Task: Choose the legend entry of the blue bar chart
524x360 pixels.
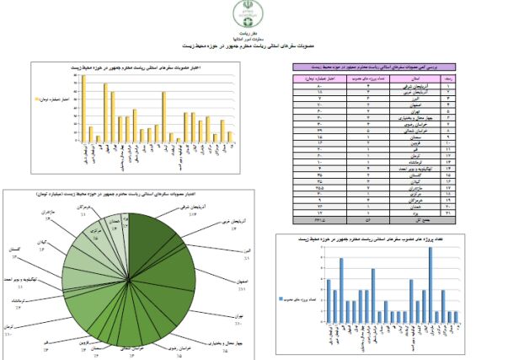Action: (x=299, y=298)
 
